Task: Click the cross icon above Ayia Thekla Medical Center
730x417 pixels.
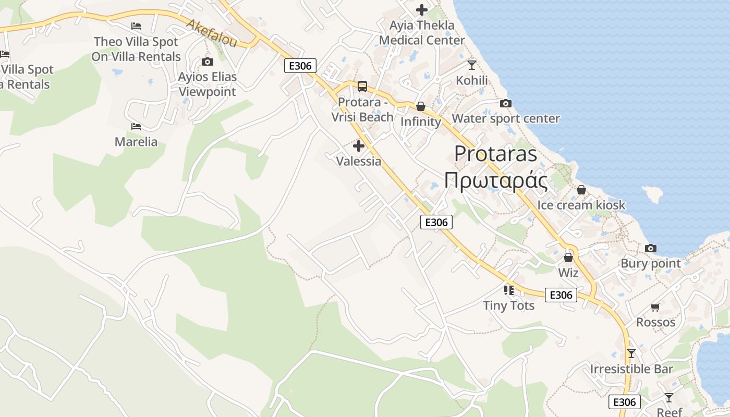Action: click(x=421, y=10)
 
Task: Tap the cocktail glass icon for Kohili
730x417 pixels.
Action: click(x=472, y=65)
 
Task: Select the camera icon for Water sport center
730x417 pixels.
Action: click(x=505, y=103)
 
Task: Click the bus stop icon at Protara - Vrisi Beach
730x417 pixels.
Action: click(x=362, y=87)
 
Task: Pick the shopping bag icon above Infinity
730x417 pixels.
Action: click(x=420, y=106)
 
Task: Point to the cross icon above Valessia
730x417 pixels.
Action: click(x=359, y=146)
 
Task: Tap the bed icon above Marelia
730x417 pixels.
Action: click(x=136, y=127)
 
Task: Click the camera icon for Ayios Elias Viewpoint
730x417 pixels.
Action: click(x=207, y=62)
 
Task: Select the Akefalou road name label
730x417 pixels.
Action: click(x=212, y=34)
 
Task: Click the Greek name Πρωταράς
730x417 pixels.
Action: click(x=495, y=181)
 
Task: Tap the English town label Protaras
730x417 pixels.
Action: click(x=495, y=154)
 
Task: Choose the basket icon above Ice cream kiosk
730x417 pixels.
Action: click(x=581, y=190)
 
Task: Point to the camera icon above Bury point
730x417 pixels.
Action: click(x=650, y=248)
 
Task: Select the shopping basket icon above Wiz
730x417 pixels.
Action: click(x=568, y=257)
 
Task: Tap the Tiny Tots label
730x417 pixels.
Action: click(x=509, y=305)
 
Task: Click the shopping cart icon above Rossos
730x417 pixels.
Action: click(x=655, y=307)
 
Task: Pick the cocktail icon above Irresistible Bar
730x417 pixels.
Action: click(x=631, y=353)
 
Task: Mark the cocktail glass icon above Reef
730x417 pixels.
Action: click(x=669, y=398)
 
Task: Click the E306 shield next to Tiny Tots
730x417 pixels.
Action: click(x=561, y=295)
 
